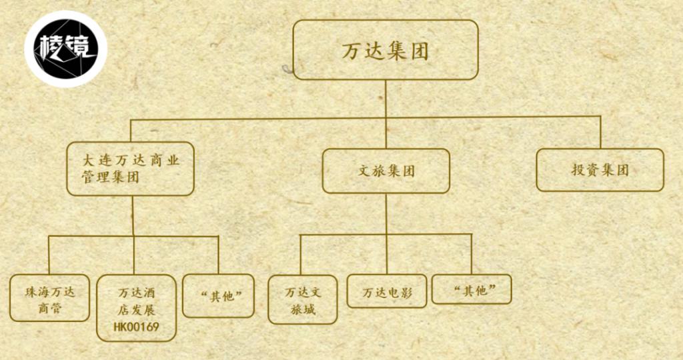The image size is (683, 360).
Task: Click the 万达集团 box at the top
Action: (386, 49)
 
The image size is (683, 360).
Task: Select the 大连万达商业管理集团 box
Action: (130, 169)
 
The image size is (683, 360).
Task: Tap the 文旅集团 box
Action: (386, 171)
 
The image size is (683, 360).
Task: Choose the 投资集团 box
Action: (600, 170)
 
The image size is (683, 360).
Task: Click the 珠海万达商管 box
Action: (49, 298)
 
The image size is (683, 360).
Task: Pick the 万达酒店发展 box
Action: (136, 308)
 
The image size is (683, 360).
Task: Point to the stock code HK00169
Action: (136, 327)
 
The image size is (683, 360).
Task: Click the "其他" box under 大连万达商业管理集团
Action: (218, 295)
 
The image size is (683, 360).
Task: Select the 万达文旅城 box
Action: (303, 299)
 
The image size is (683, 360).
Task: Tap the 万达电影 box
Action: (387, 291)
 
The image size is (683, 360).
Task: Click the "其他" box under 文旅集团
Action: (472, 289)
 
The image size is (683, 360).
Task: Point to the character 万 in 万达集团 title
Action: (351, 51)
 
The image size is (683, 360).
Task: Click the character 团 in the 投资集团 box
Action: (622, 170)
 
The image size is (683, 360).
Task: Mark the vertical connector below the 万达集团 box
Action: (386, 115)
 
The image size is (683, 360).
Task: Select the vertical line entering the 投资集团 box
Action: (601, 133)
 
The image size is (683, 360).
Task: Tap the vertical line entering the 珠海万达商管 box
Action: (49, 255)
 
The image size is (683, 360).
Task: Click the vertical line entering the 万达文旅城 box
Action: (300, 255)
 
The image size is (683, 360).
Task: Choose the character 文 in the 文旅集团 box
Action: (364, 171)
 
